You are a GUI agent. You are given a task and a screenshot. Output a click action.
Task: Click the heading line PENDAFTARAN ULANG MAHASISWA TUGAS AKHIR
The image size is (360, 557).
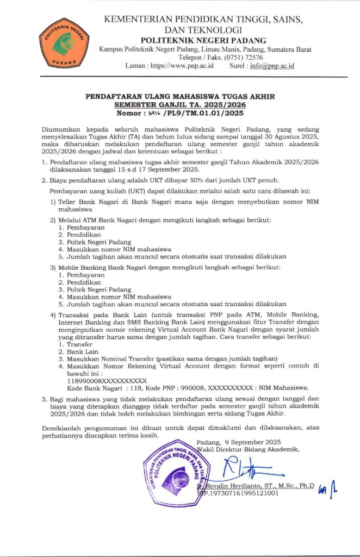tap(180, 96)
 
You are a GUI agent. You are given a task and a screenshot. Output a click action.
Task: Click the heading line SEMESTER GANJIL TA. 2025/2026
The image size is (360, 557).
tap(180, 105)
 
